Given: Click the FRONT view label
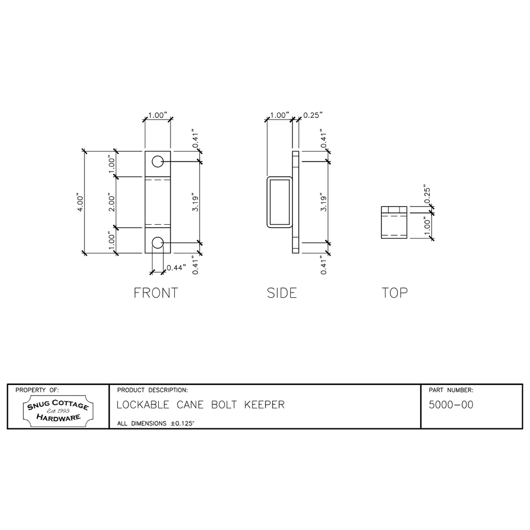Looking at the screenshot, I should click(156, 293).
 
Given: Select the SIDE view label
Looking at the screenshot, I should click(282, 293).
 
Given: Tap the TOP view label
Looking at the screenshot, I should click(394, 293).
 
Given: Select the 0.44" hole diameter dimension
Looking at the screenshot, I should click(176, 267).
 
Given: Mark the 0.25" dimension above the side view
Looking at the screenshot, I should click(312, 115).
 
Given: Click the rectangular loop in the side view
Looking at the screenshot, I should click(279, 202).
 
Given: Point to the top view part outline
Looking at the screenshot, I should click(393, 222).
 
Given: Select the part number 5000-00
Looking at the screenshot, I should click(450, 405).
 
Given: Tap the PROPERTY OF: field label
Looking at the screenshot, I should click(37, 390).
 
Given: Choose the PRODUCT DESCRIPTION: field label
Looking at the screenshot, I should click(152, 390).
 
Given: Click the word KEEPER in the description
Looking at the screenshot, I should click(264, 405).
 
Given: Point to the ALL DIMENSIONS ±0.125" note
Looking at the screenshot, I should click(156, 424).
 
